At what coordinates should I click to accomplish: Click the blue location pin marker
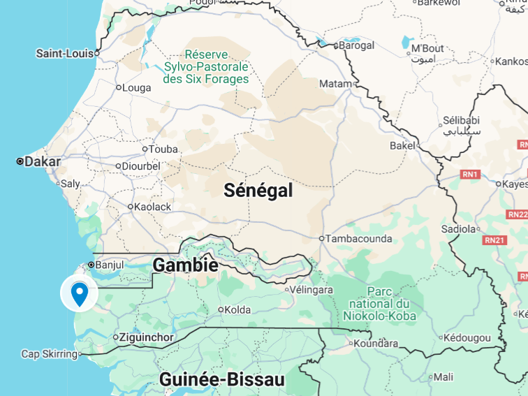tap(80, 293)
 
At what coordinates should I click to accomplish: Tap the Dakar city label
tap(42, 162)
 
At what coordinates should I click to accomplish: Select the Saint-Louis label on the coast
tap(64, 53)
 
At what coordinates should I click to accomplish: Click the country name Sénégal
tap(258, 191)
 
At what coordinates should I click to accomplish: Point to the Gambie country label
tap(185, 265)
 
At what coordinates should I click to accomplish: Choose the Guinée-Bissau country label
tap(222, 379)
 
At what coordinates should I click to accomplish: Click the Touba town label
tap(163, 149)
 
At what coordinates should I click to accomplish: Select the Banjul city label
tap(109, 265)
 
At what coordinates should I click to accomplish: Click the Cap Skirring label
tap(49, 354)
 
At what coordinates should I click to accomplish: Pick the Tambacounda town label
tap(360, 238)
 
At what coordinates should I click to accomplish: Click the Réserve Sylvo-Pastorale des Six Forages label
tap(206, 67)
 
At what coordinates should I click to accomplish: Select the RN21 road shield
tap(494, 240)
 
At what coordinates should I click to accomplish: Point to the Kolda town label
tap(237, 309)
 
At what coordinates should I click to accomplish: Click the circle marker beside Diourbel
tap(118, 167)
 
